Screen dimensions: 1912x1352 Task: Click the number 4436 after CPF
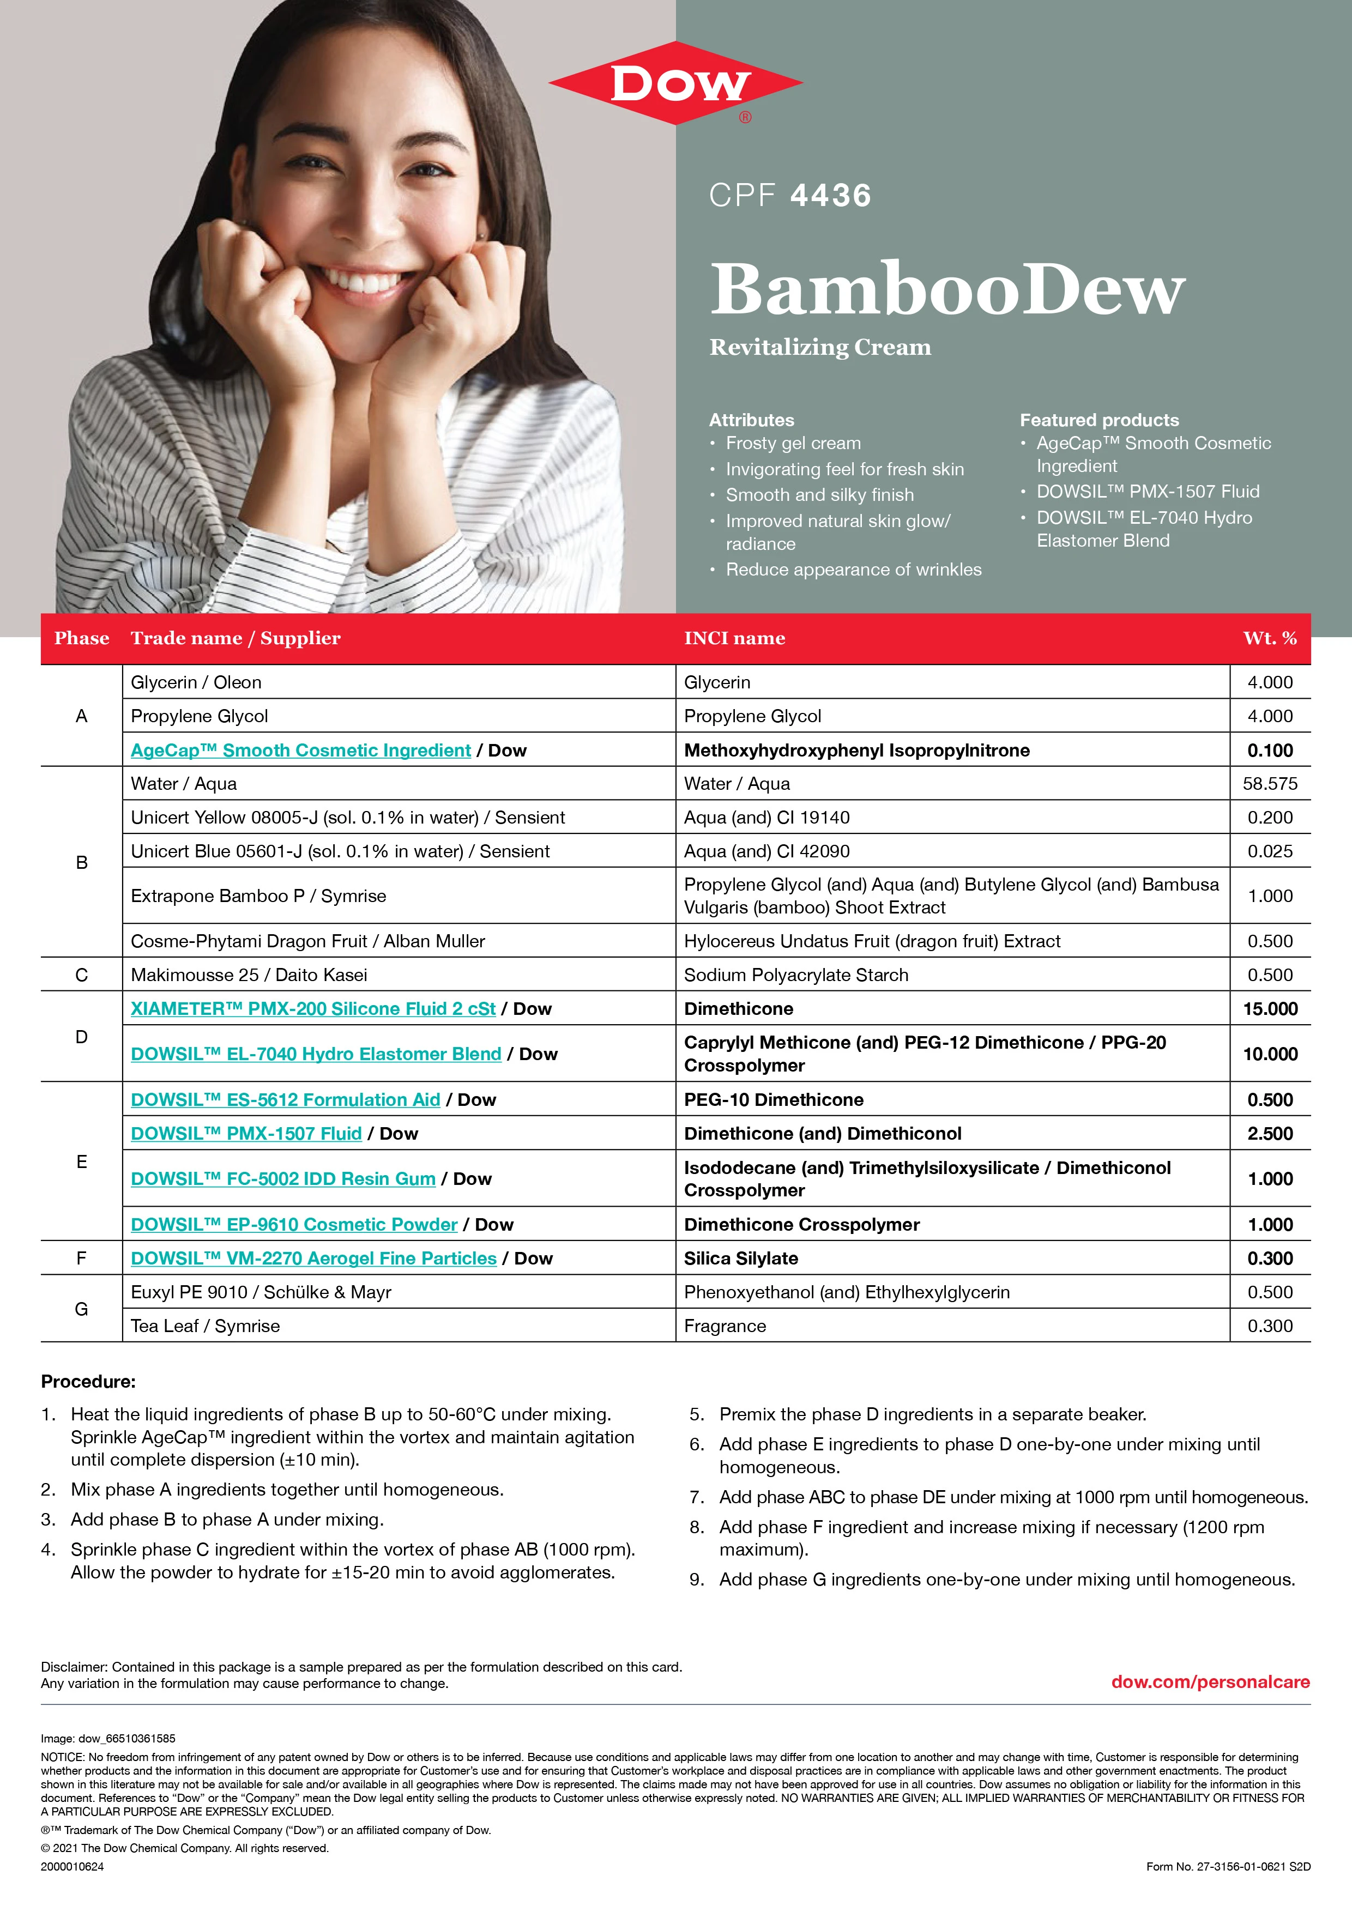830,196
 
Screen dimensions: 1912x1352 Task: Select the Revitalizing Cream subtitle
820,347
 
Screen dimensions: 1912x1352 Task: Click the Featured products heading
1098,420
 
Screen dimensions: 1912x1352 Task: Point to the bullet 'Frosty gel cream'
793,443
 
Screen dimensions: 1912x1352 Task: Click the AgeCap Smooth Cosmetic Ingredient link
301,751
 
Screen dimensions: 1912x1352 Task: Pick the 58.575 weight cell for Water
1270,784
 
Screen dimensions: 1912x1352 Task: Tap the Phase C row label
82,975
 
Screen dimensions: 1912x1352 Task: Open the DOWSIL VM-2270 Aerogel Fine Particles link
313,1258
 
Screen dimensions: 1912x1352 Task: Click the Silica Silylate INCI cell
740,1258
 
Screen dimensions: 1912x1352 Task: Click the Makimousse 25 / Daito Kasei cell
248,975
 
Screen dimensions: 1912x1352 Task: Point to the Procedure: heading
88,1382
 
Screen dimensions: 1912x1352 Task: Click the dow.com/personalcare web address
1210,1682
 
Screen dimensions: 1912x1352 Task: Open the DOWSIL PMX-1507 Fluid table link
246,1133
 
